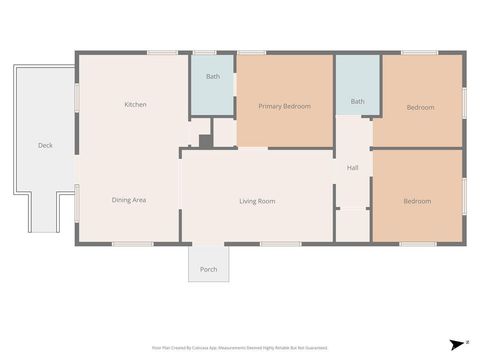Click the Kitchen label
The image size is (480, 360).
click(136, 105)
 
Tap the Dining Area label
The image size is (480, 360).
click(129, 200)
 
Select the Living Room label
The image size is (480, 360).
click(257, 201)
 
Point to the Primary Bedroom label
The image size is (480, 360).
click(284, 106)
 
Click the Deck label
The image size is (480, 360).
click(45, 145)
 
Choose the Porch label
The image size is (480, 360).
click(208, 269)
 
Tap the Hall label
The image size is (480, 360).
click(352, 167)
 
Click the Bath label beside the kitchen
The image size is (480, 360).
click(213, 77)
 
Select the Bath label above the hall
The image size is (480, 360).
click(357, 101)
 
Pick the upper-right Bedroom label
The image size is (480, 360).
click(420, 107)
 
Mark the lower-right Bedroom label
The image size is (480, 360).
click(417, 201)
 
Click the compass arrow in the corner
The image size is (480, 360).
click(453, 342)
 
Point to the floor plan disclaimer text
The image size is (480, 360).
click(240, 348)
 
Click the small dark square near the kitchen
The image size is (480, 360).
click(205, 141)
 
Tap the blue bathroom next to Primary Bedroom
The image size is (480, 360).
click(213, 90)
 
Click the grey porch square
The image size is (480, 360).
click(208, 263)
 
